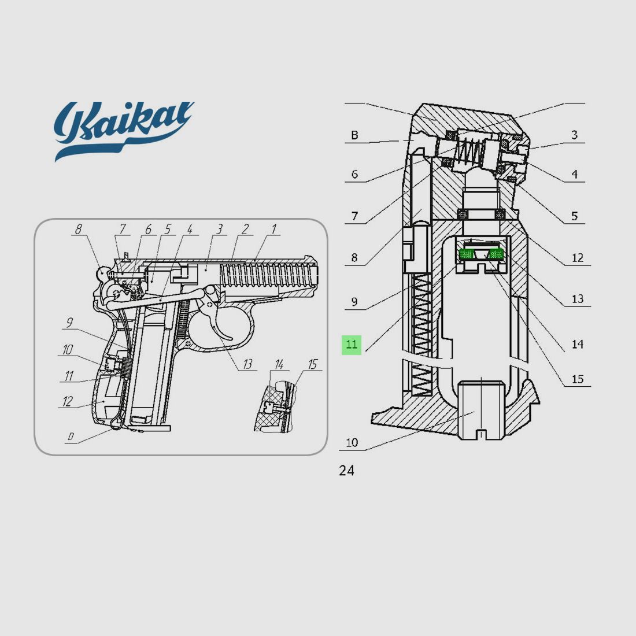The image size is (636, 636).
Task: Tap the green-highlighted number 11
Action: coord(352,345)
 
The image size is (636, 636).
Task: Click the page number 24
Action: coord(346,471)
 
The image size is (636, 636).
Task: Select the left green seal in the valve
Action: coord(466,253)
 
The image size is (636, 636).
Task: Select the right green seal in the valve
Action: coord(496,253)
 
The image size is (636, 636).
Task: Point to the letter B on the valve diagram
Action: coord(354,136)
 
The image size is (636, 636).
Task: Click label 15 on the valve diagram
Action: coord(577,379)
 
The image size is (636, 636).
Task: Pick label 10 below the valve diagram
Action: coord(352,443)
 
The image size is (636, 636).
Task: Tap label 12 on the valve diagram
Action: coord(577,258)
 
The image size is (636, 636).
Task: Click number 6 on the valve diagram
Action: coord(354,174)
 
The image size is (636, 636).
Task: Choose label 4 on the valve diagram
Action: coord(574,174)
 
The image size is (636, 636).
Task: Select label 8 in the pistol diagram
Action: coord(79,230)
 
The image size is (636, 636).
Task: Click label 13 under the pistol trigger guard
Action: coord(247,364)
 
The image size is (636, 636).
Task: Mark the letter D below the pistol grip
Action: coord(71,437)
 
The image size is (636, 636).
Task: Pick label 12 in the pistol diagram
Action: coord(68,401)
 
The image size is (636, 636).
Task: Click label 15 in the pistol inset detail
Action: coord(312,364)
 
